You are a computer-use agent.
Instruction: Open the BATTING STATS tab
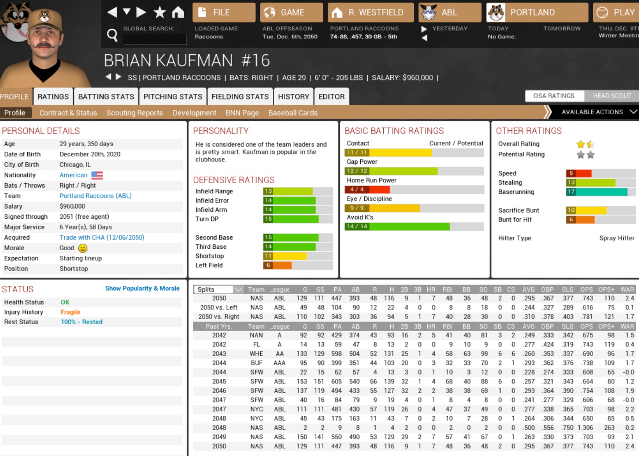coord(106,97)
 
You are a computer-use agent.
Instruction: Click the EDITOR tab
coord(332,97)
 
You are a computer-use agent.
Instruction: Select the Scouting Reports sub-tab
coord(135,113)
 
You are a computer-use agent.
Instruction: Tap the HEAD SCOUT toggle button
coord(612,96)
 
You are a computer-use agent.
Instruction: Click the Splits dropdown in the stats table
coord(219,290)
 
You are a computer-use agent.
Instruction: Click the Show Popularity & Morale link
coord(142,289)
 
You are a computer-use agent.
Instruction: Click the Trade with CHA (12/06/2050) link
coord(102,238)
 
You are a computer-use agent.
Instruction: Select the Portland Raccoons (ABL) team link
coord(95,196)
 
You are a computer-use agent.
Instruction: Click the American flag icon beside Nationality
coord(97,175)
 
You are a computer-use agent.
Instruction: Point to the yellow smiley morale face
coord(83,248)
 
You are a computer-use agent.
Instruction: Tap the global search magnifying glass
coord(112,35)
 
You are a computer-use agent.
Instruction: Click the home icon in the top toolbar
coord(178,12)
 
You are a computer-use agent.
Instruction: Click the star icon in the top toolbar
coord(160,12)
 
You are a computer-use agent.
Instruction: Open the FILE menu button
coord(224,12)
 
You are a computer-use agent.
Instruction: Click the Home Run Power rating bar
coord(414,190)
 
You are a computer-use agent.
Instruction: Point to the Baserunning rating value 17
coord(571,192)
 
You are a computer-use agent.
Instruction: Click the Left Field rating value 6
coord(268,265)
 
